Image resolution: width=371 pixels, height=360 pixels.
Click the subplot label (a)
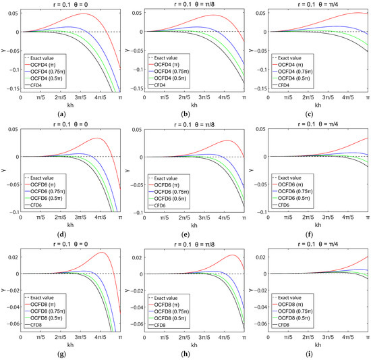click(x=71, y=113)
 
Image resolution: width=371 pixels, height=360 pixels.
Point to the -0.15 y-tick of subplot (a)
click(x=11, y=88)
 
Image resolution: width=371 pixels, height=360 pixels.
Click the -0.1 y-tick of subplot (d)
click(x=13, y=212)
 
